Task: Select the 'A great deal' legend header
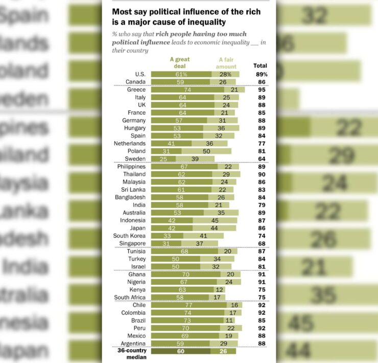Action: coord(180,62)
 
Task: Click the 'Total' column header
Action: coord(260,65)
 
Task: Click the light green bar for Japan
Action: coord(215,228)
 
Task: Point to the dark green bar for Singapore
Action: coord(167,243)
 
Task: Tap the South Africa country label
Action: coord(130,297)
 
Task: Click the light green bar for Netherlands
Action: coord(209,143)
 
